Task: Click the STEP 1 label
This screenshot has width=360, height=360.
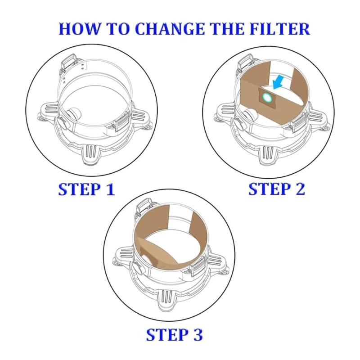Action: click(86, 189)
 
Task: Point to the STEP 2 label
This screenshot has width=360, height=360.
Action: click(277, 189)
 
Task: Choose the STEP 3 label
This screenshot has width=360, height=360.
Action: click(174, 335)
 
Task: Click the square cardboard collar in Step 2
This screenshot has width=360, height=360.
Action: click(265, 96)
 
